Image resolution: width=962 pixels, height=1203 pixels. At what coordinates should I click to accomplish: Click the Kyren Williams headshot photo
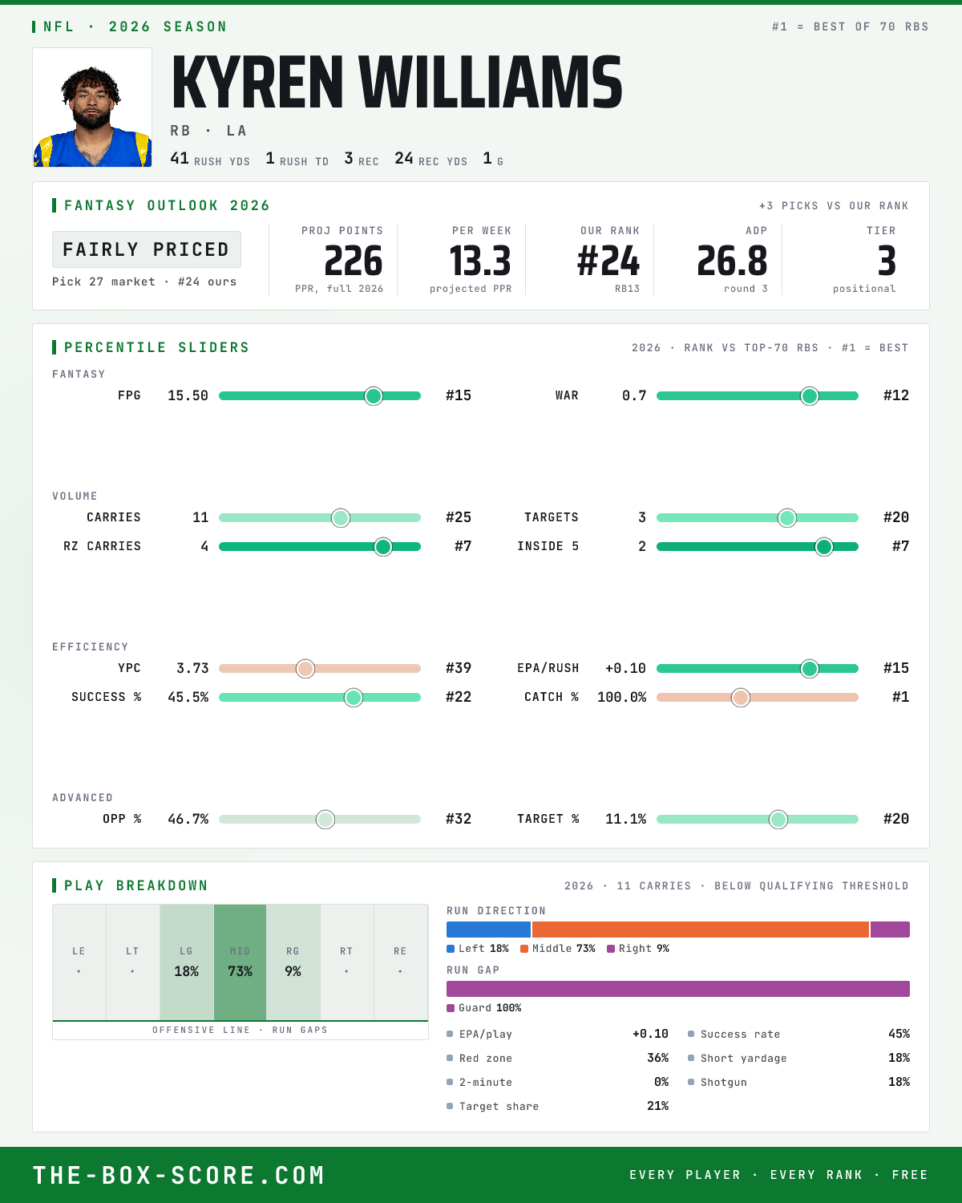coord(92,107)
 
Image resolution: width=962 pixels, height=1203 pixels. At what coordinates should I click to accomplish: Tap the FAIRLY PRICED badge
coord(147,249)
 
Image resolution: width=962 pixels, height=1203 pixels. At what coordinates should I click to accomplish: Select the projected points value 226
coord(354,261)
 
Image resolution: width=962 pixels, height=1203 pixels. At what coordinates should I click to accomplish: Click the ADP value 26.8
coord(732,261)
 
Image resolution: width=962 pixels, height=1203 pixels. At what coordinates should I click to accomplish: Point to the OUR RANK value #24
coord(608,261)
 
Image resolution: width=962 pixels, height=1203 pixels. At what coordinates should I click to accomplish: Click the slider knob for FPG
coord(374,395)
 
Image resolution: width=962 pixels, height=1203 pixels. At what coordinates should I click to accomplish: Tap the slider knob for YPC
coord(305,669)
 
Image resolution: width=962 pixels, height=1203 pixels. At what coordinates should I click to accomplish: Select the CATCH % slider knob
coord(741,698)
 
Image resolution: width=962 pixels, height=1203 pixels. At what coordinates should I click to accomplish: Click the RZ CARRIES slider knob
coord(383,547)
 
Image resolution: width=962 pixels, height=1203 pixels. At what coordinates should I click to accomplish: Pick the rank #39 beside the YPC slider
coord(459,668)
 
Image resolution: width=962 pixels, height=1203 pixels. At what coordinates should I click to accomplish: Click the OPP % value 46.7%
coord(188,819)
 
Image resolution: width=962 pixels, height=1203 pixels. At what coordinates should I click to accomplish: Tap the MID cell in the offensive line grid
coord(240,962)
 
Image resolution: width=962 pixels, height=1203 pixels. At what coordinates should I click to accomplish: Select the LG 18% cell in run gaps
coord(187,962)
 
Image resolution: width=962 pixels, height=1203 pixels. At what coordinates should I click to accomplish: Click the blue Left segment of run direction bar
coord(488,930)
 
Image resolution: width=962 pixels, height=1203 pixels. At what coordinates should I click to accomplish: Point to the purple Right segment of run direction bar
coord(890,930)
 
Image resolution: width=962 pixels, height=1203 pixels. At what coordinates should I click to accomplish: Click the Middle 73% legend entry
coord(557,949)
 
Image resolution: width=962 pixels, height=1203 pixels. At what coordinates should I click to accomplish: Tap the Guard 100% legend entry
coord(484,1008)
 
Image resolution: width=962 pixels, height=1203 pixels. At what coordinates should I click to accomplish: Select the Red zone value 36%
coord(657,1058)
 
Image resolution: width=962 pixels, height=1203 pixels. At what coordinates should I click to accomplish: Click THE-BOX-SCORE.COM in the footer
coord(179,1175)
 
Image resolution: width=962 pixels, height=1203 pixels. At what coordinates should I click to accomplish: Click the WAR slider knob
coord(810,395)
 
